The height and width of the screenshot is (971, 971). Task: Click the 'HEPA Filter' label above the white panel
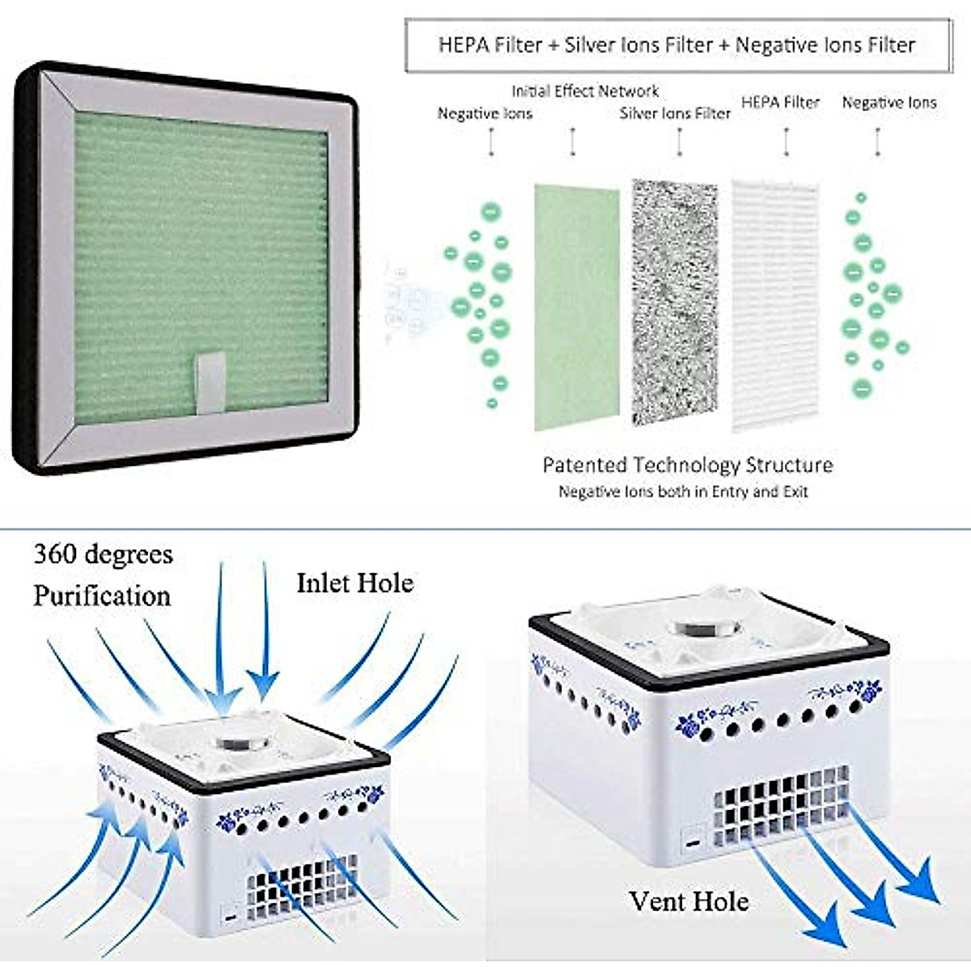click(780, 103)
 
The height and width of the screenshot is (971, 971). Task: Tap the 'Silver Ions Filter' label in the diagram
click(675, 113)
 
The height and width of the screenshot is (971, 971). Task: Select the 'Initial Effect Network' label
click(585, 91)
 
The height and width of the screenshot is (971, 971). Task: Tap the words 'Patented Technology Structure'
click(687, 465)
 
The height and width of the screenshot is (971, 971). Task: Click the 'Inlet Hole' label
click(354, 583)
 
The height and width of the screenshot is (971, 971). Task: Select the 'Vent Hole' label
click(689, 901)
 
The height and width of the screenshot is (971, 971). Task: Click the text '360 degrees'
click(103, 555)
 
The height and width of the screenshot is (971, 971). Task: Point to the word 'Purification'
click(102, 596)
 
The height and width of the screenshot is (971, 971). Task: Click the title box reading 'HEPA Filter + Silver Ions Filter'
click(677, 45)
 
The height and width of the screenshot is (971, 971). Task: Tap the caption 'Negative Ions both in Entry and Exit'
click(683, 491)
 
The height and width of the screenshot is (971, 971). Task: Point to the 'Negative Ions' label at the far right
click(888, 103)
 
